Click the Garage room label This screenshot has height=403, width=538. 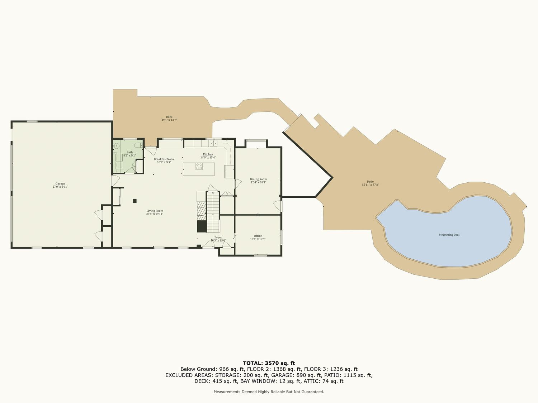[60, 183]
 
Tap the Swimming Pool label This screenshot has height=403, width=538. [449, 235]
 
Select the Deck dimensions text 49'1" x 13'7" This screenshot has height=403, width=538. [169, 120]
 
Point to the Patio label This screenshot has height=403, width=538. [370, 182]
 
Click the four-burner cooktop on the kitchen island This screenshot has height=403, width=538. [199, 166]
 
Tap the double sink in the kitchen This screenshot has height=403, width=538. [213, 143]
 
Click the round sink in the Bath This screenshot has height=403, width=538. [117, 146]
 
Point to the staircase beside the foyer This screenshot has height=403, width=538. [213, 212]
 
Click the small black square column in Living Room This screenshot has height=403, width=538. [134, 201]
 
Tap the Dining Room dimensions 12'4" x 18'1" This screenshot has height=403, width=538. [258, 182]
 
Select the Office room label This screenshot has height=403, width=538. [258, 236]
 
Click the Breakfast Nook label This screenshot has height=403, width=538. [164, 159]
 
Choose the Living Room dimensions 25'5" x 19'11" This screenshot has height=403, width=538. [155, 214]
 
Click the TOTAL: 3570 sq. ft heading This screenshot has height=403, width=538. [269, 363]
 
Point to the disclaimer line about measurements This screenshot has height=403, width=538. [269, 392]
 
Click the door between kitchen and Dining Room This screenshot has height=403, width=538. [238, 183]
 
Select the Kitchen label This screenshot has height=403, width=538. [208, 154]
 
